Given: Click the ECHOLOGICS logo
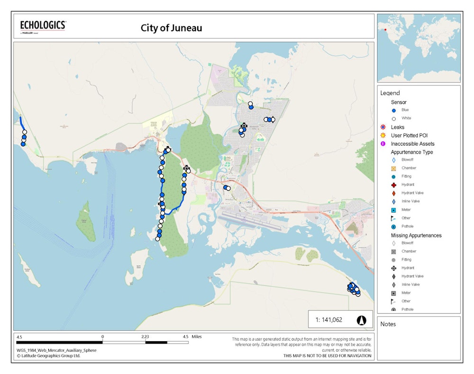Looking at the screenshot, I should tap(43, 26).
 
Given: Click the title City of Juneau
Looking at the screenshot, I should tap(171, 28).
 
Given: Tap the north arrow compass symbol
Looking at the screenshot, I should tap(362, 320).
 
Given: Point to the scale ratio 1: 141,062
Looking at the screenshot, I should tap(328, 320).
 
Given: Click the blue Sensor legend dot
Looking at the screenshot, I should tap(394, 110).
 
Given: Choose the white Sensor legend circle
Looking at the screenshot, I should tap(394, 119).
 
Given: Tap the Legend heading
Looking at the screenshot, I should tap(390, 93).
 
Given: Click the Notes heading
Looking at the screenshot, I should tap(388, 324).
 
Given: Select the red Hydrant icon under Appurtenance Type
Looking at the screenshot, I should tap(394, 185).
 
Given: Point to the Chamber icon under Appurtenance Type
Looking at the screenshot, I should tap(394, 168).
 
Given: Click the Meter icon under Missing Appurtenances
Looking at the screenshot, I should tap(394, 293).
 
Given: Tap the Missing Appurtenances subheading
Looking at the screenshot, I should tap(416, 235).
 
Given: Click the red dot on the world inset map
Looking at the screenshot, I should tap(386, 30).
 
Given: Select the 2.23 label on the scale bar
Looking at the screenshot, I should tap(145, 337).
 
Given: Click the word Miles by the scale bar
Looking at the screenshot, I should tap(197, 337).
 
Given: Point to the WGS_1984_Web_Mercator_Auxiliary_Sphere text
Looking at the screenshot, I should tap(56, 350).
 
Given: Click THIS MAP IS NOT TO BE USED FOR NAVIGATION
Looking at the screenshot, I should tap(328, 355).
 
